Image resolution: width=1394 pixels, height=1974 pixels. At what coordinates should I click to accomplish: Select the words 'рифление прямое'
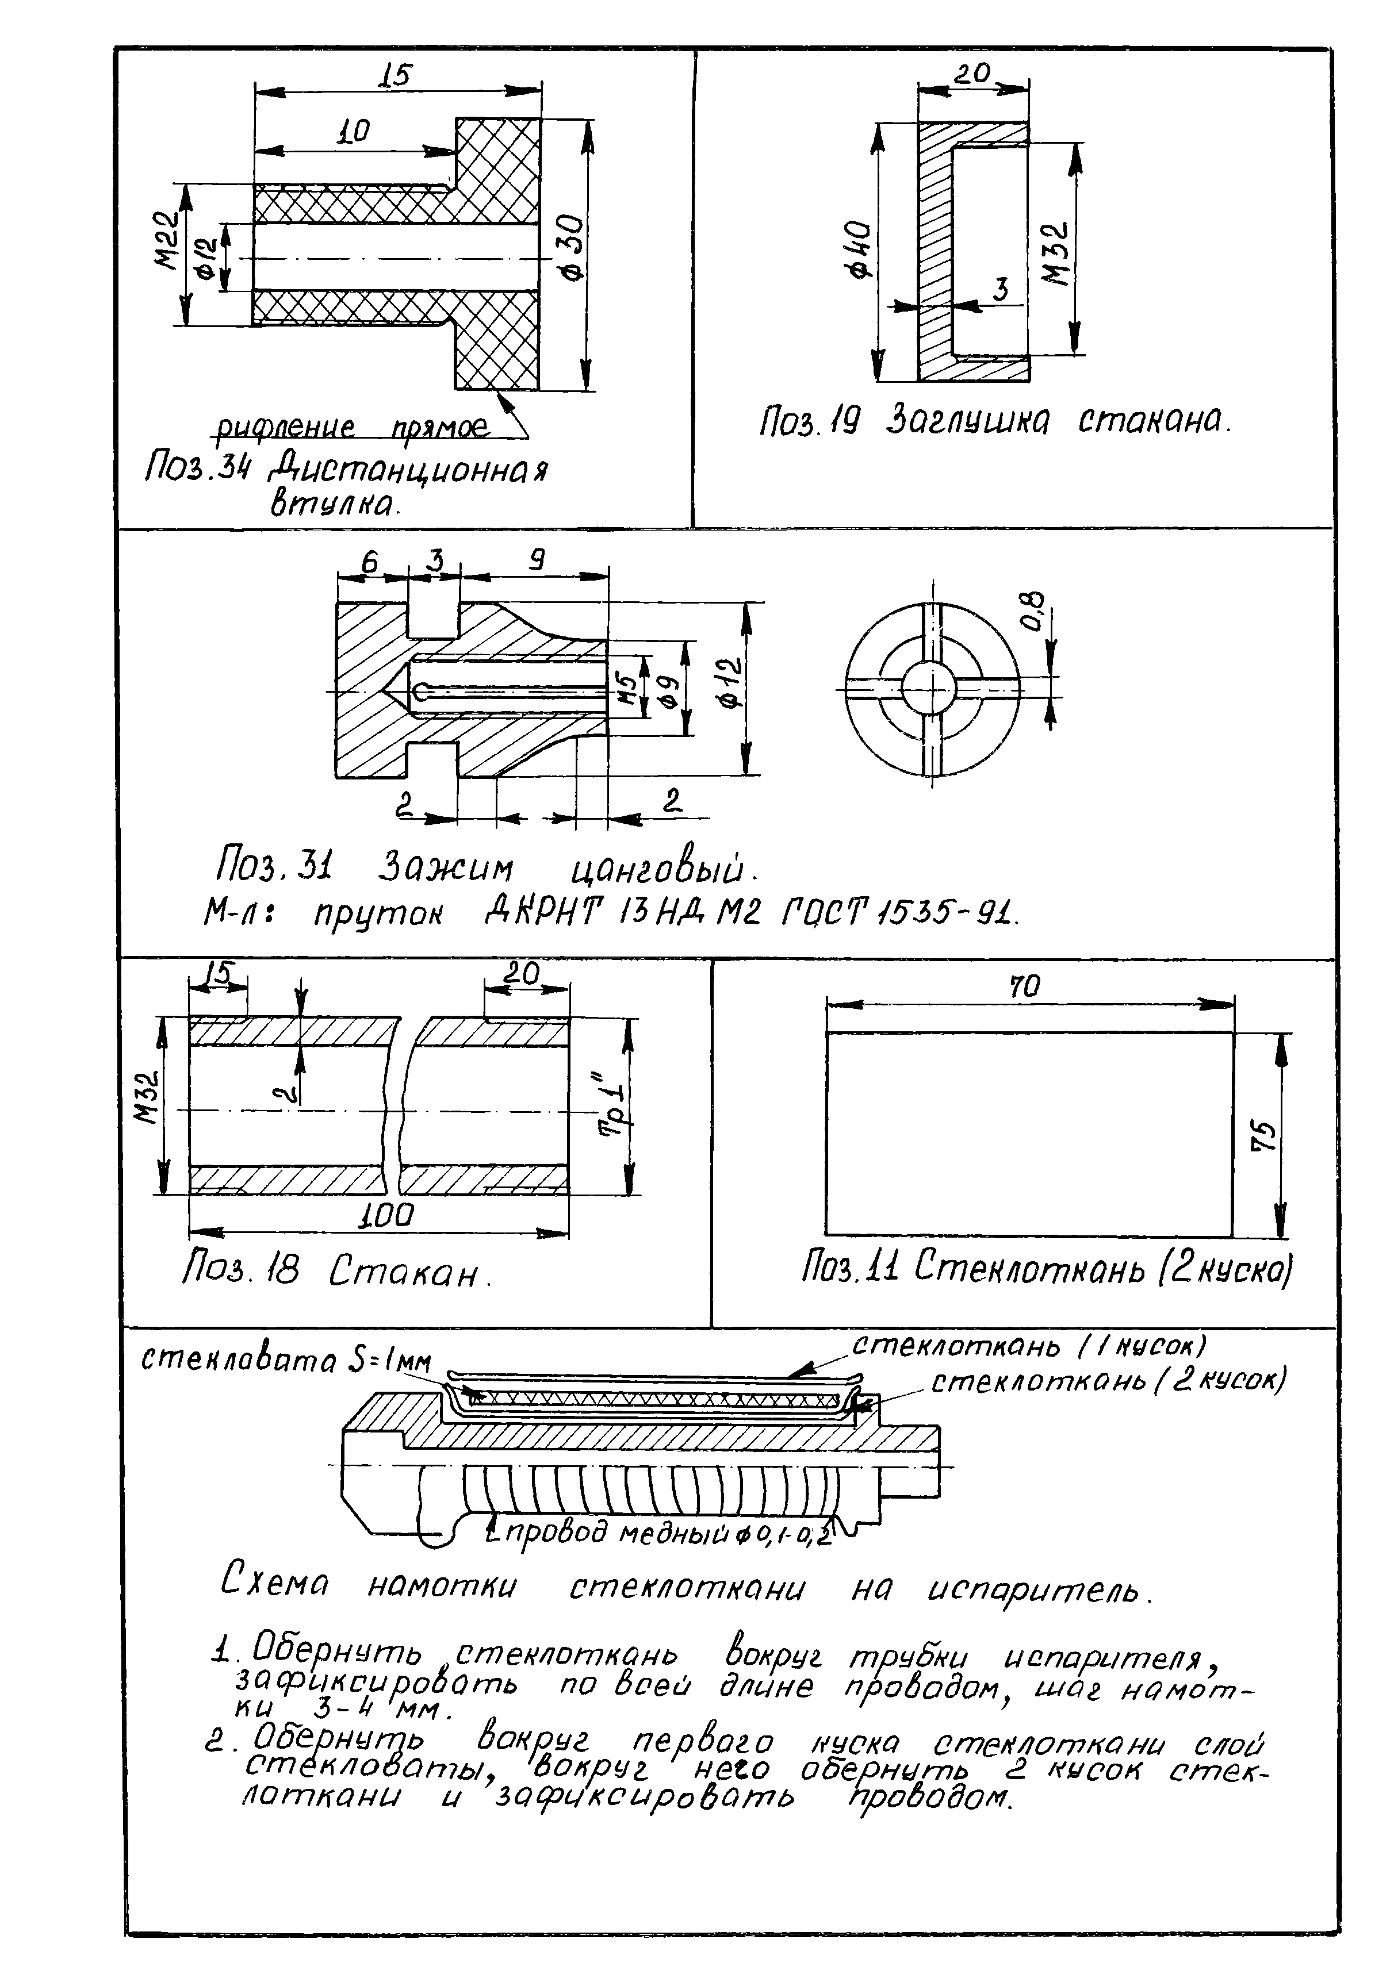tap(351, 427)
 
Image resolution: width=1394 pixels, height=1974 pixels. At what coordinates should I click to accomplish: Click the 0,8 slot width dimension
tap(1035, 609)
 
